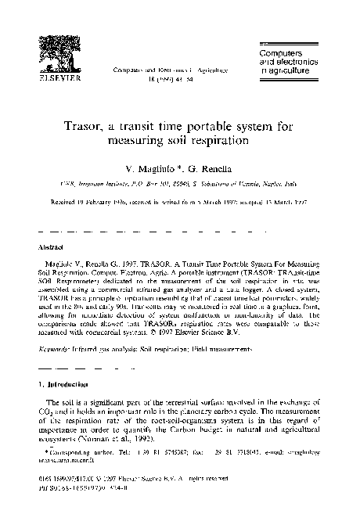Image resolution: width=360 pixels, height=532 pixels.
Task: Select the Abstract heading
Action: [x=52, y=244]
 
